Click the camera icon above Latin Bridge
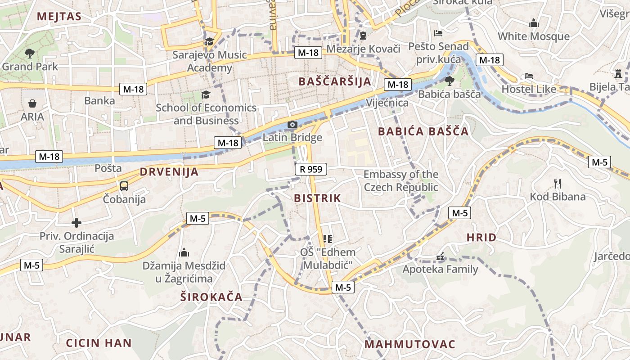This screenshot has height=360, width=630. (x=292, y=124)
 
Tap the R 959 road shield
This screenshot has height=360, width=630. (x=310, y=169)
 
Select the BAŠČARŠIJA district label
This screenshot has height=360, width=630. (x=335, y=81)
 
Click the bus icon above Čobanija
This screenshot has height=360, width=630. (x=124, y=185)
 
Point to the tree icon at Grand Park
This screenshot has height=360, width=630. (x=30, y=54)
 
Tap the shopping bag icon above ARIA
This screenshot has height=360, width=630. (x=32, y=103)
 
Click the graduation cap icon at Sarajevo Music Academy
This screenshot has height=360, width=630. (x=209, y=42)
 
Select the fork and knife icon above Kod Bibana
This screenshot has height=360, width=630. (x=558, y=183)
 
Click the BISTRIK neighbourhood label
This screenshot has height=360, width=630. (x=318, y=198)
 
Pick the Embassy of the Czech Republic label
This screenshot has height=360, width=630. (x=401, y=180)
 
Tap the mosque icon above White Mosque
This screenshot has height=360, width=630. (x=534, y=23)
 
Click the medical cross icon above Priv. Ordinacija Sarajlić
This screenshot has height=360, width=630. (x=76, y=222)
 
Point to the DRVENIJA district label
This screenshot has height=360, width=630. (x=169, y=171)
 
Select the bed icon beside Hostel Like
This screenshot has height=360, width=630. (x=529, y=76)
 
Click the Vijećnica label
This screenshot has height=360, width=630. (x=387, y=103)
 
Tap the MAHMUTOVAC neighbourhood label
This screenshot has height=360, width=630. (x=410, y=344)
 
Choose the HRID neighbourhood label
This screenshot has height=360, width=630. (x=481, y=238)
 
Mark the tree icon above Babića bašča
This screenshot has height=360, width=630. (x=449, y=81)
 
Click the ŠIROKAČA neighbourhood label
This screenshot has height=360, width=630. (x=211, y=297)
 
